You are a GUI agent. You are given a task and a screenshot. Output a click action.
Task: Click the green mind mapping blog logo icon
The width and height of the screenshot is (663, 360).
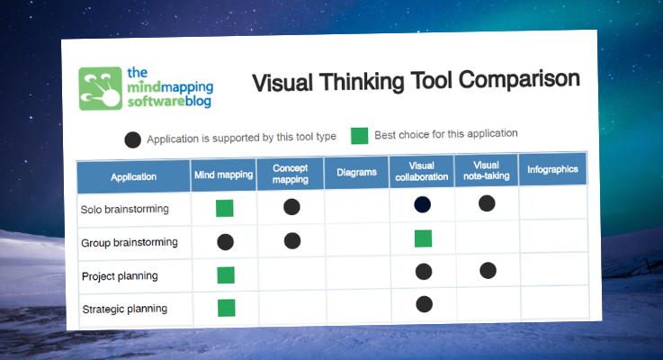coord(100,88)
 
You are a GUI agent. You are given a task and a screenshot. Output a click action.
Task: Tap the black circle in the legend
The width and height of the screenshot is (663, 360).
coord(133,139)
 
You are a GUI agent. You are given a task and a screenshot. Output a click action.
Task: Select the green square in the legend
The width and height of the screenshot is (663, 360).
coord(360,136)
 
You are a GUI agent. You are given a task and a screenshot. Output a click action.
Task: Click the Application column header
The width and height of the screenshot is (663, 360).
coord(133,176)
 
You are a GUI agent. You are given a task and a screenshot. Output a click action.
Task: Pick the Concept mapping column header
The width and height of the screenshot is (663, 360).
coord(290,173)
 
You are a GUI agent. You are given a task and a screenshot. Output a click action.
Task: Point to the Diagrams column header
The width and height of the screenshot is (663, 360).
coord(356,172)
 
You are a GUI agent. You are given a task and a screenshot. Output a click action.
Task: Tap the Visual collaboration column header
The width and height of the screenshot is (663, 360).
coord(421,171)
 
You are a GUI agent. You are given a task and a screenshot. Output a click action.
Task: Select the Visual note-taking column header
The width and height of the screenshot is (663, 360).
coord(486,170)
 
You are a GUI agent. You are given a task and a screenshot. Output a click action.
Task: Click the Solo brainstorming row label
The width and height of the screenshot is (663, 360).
coord(124,209)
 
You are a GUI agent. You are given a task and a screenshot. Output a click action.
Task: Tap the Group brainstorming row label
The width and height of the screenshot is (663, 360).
coord(130,242)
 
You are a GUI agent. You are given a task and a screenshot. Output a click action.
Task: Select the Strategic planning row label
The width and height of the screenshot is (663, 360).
coord(124,309)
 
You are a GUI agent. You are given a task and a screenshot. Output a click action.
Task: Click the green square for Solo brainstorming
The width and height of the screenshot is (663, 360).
coord(225,209)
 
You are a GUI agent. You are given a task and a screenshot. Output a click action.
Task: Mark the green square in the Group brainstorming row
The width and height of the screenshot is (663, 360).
coord(423,238)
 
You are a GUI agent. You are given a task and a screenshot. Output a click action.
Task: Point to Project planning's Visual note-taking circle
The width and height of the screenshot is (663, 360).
coord(488,269)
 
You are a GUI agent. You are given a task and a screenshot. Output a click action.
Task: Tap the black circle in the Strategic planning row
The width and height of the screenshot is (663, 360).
coord(424,304)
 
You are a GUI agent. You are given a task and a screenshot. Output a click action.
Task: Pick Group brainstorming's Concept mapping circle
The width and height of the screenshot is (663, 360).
coord(291,240)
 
